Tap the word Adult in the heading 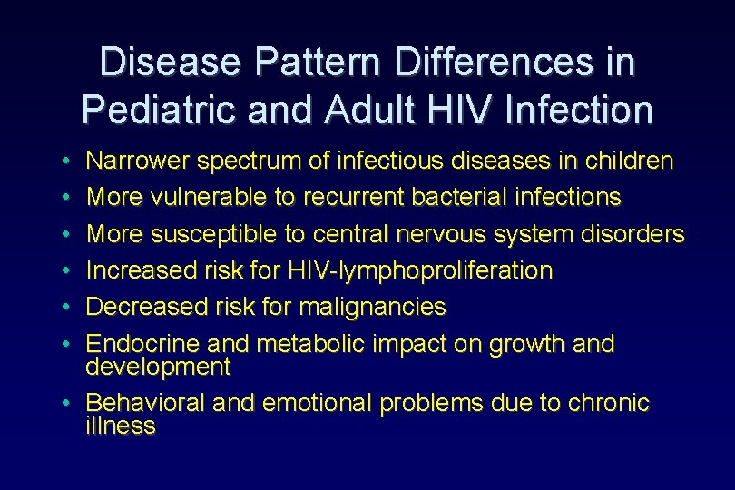pos(348,110)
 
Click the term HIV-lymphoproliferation pos(420,270)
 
